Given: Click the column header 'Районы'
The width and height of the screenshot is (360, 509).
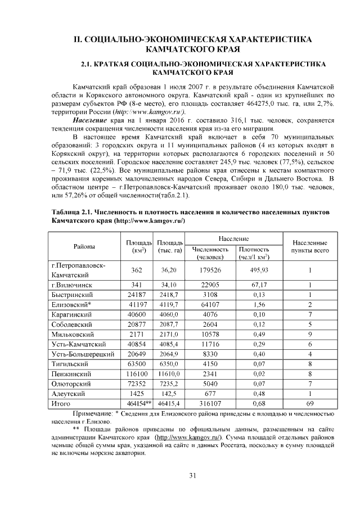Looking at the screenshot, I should click(84, 247).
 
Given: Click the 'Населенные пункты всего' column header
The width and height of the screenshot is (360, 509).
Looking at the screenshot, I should click(309, 247).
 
